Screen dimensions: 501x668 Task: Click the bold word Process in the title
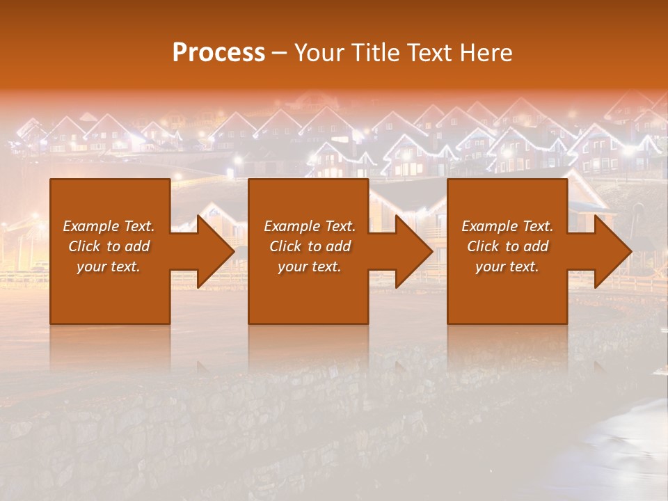pos(218,53)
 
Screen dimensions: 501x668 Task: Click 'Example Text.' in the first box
pos(109,226)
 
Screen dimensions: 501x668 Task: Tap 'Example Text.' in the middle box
pos(310,226)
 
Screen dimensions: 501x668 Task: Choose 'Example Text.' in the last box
pos(507,226)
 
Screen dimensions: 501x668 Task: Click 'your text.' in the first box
pos(109,267)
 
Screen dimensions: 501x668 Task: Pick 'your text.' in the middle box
pos(310,267)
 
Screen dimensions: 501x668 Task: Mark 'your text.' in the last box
pos(507,267)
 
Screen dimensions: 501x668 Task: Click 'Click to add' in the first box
pos(109,246)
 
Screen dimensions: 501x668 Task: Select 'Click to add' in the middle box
pos(310,246)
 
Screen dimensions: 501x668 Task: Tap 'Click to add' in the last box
pos(507,246)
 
